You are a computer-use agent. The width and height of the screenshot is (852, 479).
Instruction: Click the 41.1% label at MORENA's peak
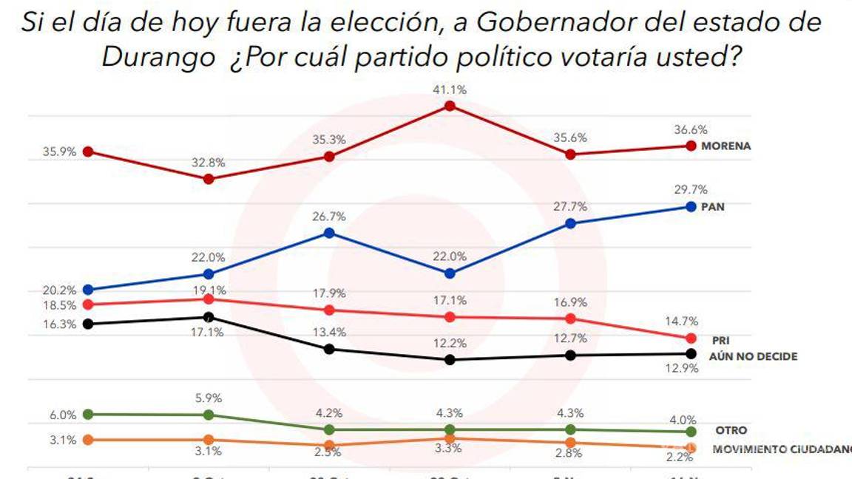(x=449, y=89)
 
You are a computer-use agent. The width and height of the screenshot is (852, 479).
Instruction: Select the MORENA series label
(x=726, y=146)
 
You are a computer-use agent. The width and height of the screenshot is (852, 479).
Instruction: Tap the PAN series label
(x=713, y=207)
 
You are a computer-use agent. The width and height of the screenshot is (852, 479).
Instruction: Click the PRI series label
(x=720, y=341)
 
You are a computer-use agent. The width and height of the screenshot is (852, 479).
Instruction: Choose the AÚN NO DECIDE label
(x=753, y=356)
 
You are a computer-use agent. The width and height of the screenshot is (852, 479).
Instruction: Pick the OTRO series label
(x=731, y=430)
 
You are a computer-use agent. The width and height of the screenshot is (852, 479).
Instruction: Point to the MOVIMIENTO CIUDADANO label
(x=781, y=449)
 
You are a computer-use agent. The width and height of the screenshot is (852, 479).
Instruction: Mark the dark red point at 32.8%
(x=209, y=179)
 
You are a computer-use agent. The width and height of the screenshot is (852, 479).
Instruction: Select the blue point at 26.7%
(x=330, y=233)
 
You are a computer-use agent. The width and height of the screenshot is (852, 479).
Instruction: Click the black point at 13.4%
(x=330, y=349)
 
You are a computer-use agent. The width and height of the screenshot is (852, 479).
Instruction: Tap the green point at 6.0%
(x=89, y=414)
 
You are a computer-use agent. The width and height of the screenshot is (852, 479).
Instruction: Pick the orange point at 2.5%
(x=330, y=445)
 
